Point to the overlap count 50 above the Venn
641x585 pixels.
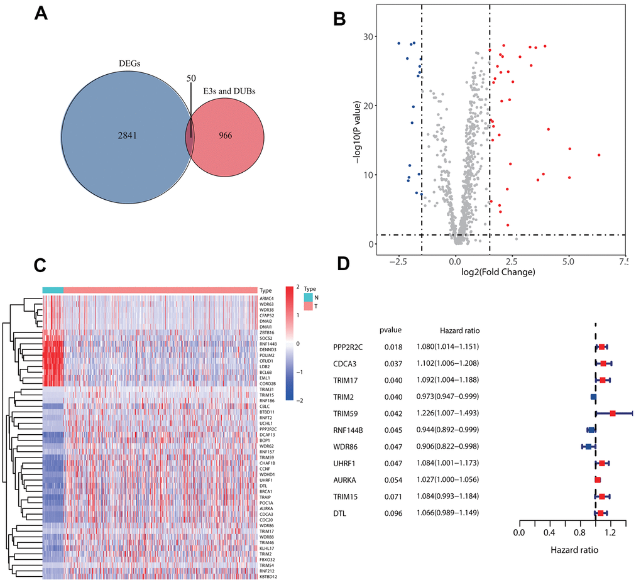(191, 78)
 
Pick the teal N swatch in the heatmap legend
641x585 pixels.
(307, 296)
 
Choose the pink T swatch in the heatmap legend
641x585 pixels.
(307, 305)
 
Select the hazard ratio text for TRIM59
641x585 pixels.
(447, 413)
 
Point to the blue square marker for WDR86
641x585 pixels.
(588, 446)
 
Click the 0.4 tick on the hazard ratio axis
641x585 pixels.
(549, 533)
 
